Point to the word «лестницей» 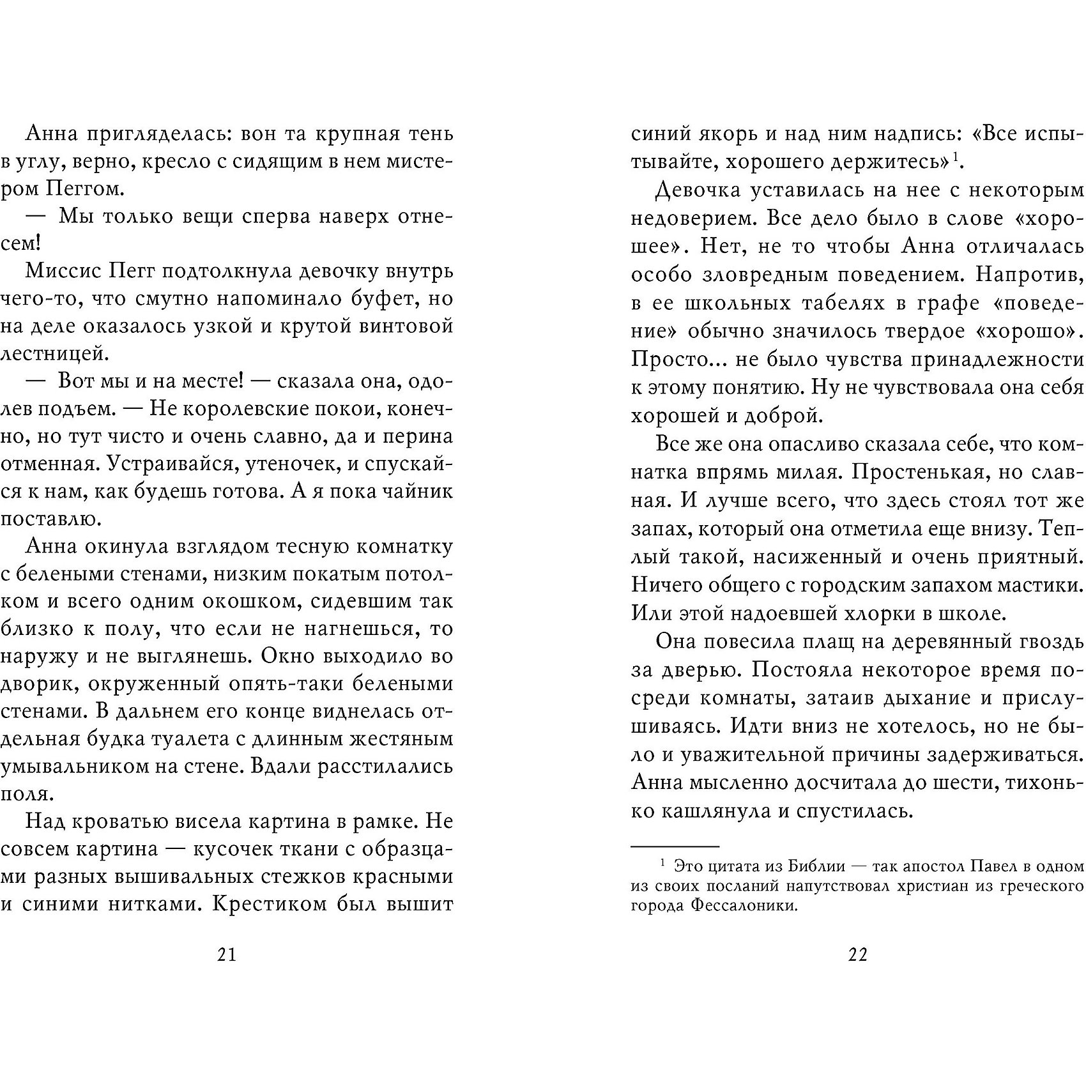tap(49, 353)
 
